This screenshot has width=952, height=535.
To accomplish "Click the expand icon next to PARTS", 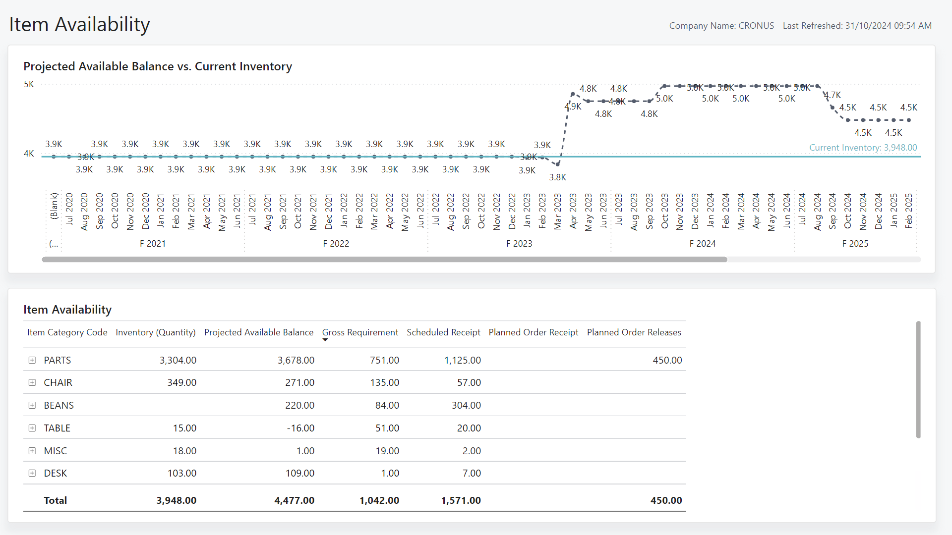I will (x=32, y=360).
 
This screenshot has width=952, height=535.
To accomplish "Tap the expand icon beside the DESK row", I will (x=32, y=473).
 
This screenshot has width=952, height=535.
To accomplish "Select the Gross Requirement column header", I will (x=360, y=332).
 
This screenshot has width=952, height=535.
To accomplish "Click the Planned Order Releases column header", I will (x=634, y=332).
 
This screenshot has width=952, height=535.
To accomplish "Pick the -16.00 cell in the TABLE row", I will (x=300, y=428).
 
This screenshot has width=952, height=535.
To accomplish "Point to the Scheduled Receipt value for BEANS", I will (x=466, y=405).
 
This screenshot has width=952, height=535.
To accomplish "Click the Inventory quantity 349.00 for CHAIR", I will (x=181, y=382).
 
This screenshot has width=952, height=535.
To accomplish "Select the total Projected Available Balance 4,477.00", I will (x=294, y=500).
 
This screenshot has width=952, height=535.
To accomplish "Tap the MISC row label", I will (x=55, y=451).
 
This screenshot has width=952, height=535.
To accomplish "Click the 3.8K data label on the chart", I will (x=557, y=177).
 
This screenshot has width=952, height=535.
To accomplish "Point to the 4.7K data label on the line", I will (x=833, y=95).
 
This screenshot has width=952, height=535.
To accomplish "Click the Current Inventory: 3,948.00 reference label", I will (x=863, y=148).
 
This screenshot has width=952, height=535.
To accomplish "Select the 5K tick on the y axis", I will (x=29, y=84).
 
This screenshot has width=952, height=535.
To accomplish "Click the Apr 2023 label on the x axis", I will (x=573, y=211).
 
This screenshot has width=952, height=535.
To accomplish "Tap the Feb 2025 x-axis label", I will (x=909, y=211).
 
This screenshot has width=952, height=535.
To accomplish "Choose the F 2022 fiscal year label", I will (x=336, y=244).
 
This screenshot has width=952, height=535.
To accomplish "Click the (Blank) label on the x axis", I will (x=54, y=206).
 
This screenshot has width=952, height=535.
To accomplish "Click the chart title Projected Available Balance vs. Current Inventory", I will (x=158, y=66).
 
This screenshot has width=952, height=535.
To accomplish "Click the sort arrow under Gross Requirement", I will (x=325, y=340).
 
